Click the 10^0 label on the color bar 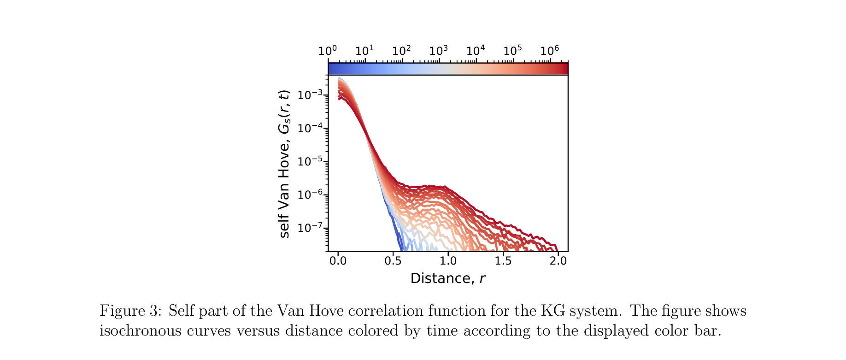(327, 50)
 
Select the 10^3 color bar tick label (438, 50)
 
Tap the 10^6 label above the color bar (549, 50)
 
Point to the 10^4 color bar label (476, 50)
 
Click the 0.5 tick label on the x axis (393, 261)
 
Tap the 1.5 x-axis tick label (503, 261)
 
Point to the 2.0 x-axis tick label (558, 261)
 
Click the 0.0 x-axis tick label (338, 261)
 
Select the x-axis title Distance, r (447, 278)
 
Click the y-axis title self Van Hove (284, 164)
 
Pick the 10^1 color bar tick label (364, 50)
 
